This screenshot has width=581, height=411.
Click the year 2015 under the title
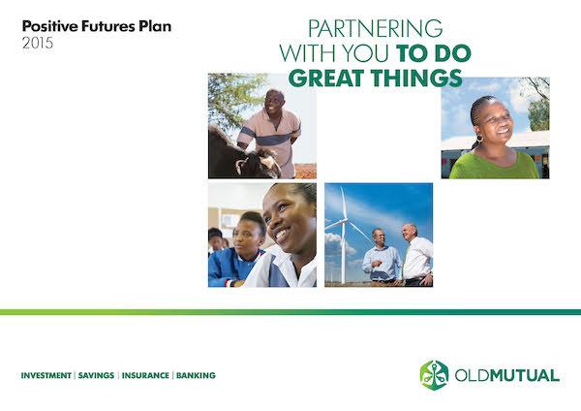click(38, 43)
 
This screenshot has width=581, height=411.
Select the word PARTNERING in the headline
click(375, 28)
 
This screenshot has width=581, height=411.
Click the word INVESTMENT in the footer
click(46, 375)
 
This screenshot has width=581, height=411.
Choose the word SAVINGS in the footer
click(96, 375)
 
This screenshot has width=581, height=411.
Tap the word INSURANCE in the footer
click(145, 375)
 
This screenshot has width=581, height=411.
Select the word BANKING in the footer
click(196, 375)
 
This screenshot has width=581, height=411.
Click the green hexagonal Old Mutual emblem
click(434, 375)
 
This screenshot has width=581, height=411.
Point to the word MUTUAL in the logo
click(525, 375)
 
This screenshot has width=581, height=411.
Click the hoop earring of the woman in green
click(479, 139)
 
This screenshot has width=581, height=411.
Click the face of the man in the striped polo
click(275, 101)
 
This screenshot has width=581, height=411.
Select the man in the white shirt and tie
click(417, 255)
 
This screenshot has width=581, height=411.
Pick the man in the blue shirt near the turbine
click(382, 258)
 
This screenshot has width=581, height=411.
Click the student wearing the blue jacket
click(237, 251)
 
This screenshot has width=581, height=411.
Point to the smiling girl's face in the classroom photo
click(285, 220)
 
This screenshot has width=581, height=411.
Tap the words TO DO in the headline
click(434, 53)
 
